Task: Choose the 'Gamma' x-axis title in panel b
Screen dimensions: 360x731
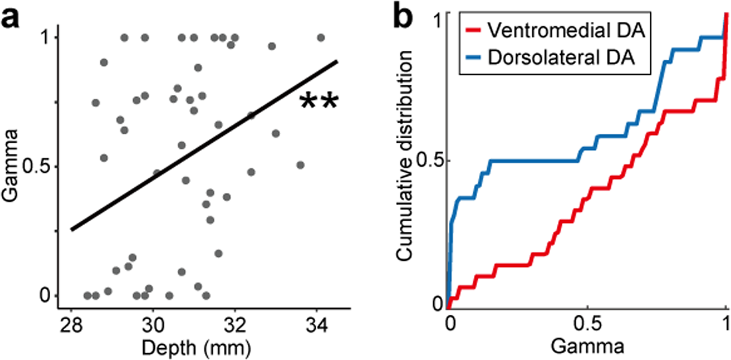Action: coord(587,343)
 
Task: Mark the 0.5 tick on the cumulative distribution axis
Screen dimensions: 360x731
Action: coord(431,160)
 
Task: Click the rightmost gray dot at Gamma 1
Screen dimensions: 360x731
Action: coord(320,38)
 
